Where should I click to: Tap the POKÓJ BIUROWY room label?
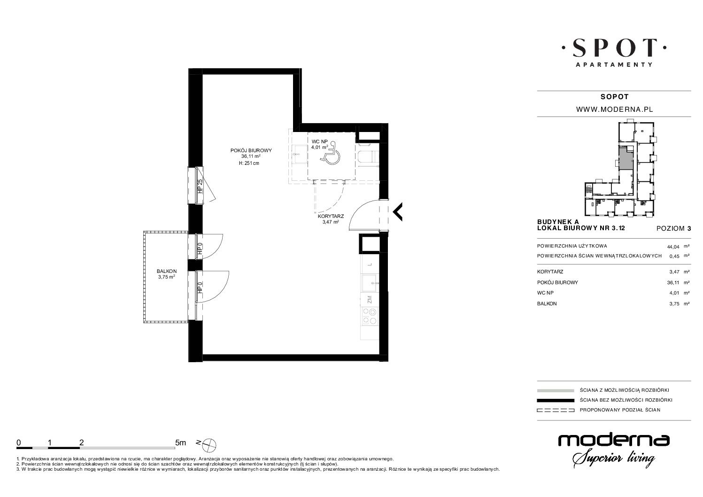[x=251, y=150]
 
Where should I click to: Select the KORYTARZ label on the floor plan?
[x=331, y=216]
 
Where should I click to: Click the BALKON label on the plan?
[x=167, y=271]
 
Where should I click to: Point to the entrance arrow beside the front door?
[x=398, y=212]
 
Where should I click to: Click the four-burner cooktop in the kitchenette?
[x=370, y=317]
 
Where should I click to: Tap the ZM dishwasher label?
[x=370, y=300]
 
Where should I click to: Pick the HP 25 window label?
[x=200, y=186]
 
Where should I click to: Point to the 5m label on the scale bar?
[x=180, y=443]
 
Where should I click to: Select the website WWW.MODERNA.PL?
[x=615, y=109]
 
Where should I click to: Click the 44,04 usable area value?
[x=673, y=247]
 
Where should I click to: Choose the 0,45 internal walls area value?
[x=674, y=256]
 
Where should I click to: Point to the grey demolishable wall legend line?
[x=556, y=390]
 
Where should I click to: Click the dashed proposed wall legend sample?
[x=556, y=410]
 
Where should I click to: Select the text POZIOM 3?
[x=673, y=229]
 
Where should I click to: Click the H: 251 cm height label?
[x=249, y=163]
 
